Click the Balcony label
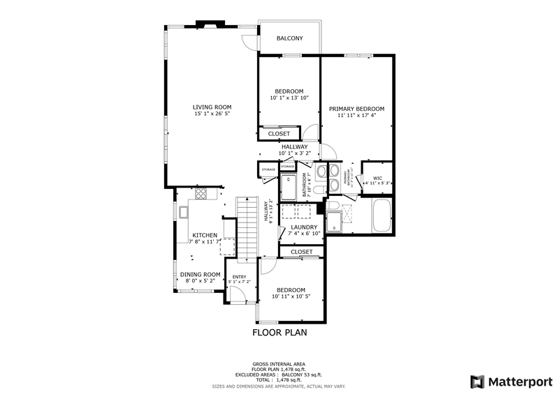(x=289, y=38)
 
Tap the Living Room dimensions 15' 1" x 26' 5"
(x=212, y=114)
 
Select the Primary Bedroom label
(x=357, y=109)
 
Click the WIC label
(x=377, y=178)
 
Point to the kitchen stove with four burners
(x=201, y=194)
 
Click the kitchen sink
(x=184, y=210)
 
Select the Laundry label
(x=304, y=227)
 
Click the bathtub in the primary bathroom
(x=382, y=215)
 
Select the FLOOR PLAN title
(x=279, y=333)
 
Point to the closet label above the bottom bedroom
(x=302, y=252)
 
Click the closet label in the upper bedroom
(x=279, y=133)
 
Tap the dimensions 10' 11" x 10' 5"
(x=290, y=297)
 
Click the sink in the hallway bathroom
(x=321, y=172)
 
